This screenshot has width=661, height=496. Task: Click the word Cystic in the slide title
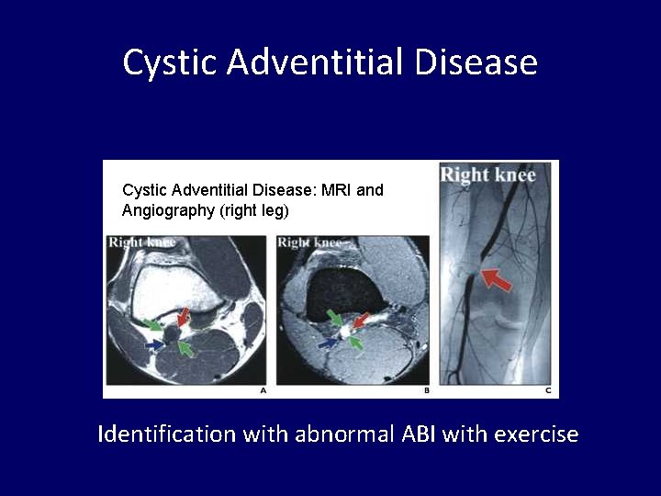point(170,63)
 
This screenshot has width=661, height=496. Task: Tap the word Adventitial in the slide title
point(315,63)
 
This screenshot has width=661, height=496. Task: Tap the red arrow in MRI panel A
point(184,317)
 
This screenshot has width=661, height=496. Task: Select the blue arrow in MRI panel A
point(156,344)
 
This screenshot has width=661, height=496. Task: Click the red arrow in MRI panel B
point(360,321)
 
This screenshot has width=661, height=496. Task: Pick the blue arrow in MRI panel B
point(328,343)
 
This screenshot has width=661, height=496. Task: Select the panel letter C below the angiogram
point(548,391)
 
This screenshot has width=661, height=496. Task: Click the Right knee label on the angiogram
point(487,175)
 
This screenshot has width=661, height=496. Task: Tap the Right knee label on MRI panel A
point(141,242)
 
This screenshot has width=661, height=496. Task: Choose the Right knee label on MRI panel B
point(309,242)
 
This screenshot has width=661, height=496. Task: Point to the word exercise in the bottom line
point(536,434)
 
